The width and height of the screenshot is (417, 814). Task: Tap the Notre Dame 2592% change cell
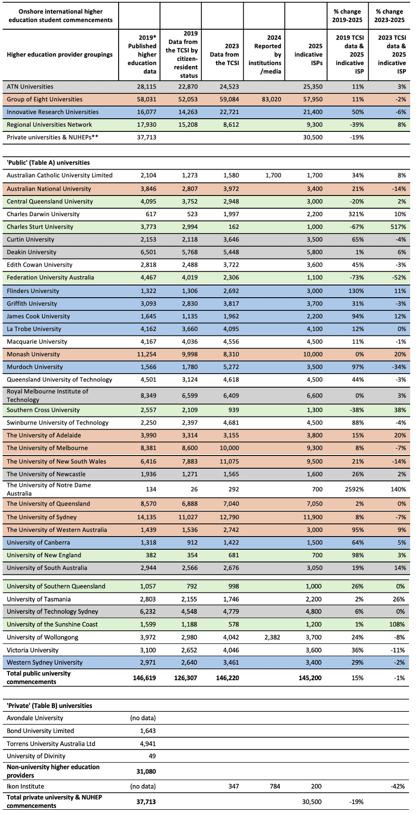coord(353,489)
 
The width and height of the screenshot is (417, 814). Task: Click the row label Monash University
coord(33,354)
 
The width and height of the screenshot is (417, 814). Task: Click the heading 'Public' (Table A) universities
coord(48,163)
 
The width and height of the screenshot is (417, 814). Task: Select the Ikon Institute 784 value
coord(273,786)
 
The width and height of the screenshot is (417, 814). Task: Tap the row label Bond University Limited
coord(40,731)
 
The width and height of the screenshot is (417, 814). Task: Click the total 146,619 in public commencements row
coord(142,678)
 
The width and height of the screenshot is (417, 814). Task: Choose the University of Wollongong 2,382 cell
coord(271,637)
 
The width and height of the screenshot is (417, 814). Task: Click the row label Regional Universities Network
coord(49,125)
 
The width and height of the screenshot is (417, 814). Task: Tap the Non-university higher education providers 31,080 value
coord(144,771)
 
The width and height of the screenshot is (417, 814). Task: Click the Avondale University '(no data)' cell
coord(143,718)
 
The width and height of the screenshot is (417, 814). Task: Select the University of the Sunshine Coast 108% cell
coord(397,625)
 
